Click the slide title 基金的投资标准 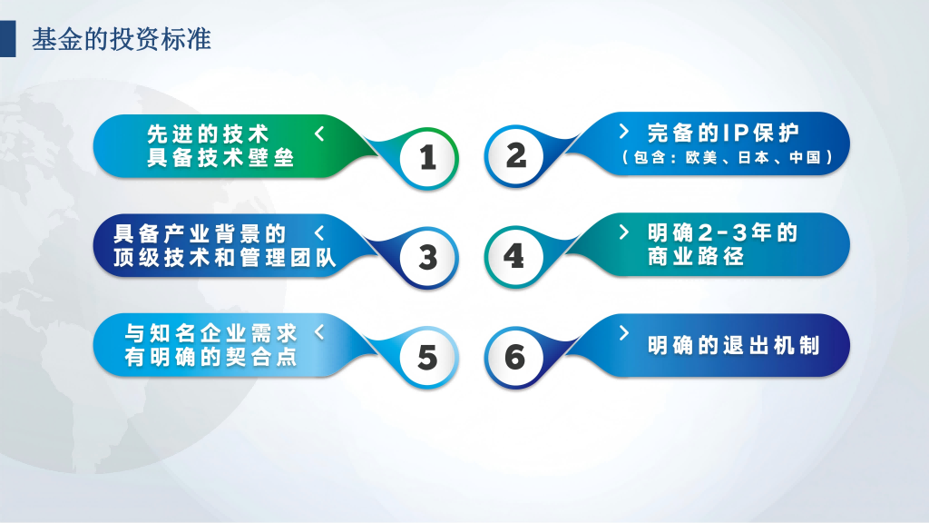(x=122, y=39)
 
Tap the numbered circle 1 (x=428, y=158)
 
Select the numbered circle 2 (x=514, y=156)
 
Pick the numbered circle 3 (x=428, y=258)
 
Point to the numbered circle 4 (x=514, y=256)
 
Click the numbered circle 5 (x=428, y=358)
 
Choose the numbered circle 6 (x=514, y=357)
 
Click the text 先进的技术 (x=208, y=134)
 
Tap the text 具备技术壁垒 (x=220, y=158)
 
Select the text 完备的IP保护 (x=723, y=133)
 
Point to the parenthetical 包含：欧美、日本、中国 (x=728, y=158)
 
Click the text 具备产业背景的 (x=200, y=233)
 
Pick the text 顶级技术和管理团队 (x=225, y=257)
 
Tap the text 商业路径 (x=696, y=256)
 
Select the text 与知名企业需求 (x=210, y=333)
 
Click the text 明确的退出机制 (x=733, y=345)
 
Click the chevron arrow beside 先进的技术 (x=319, y=133)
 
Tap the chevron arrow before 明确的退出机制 (x=624, y=332)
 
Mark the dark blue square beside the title (x=7, y=39)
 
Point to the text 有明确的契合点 (x=210, y=357)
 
